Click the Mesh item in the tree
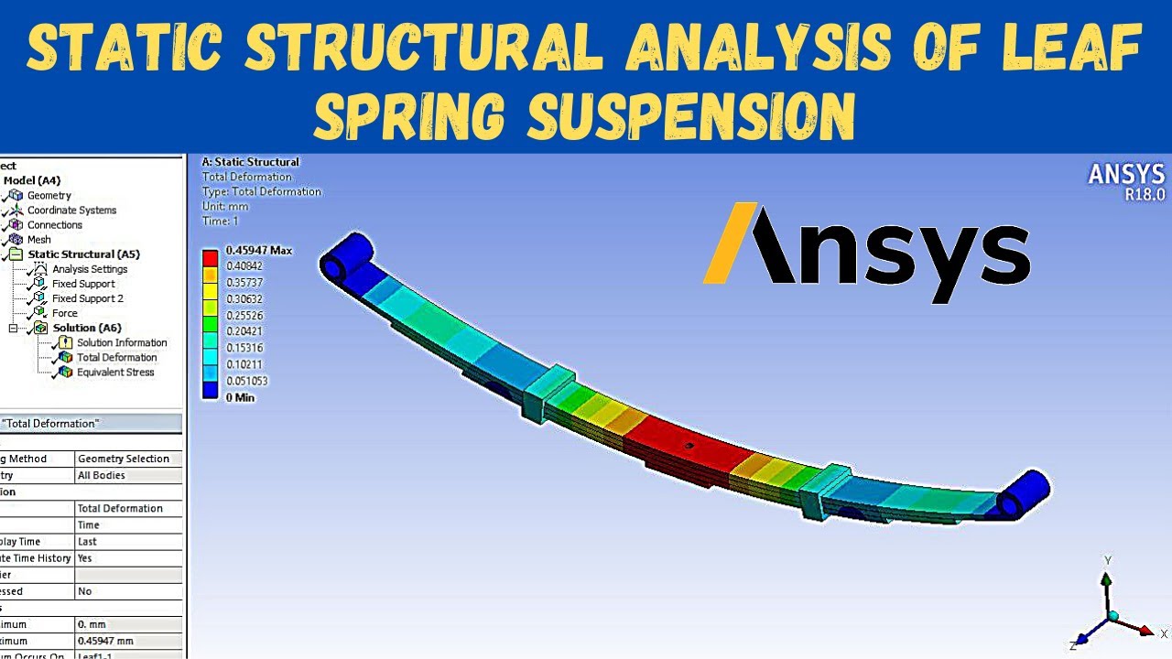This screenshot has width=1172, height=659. pyautogui.click(x=38, y=240)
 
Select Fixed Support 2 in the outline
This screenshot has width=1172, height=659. pyautogui.click(x=87, y=298)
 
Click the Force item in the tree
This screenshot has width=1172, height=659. pyautogui.click(x=64, y=313)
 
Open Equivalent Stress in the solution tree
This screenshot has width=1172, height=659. pyautogui.click(x=114, y=373)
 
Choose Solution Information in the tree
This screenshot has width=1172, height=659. pyautogui.click(x=121, y=342)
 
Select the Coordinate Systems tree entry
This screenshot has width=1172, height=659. pyautogui.click(x=71, y=211)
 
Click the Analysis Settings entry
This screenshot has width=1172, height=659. pyautogui.click(x=89, y=269)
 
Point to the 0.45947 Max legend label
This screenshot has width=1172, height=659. pyautogui.click(x=258, y=250)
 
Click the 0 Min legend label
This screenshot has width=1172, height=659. pyautogui.click(x=240, y=397)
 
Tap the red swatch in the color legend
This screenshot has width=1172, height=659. pyautogui.click(x=211, y=257)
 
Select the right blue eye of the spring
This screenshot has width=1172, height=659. pyautogui.click(x=1024, y=496)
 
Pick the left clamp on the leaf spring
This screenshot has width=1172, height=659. pyautogui.click(x=549, y=392)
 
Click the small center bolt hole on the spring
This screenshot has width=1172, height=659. pyautogui.click(x=690, y=446)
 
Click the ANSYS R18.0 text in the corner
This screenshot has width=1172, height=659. pyautogui.click(x=1125, y=181)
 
